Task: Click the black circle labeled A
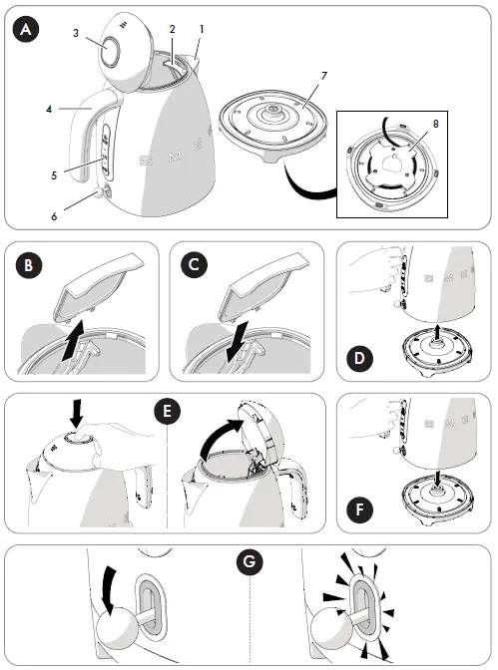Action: [26, 29]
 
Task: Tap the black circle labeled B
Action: [28, 265]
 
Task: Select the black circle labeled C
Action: [194, 265]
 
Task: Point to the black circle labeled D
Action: [359, 358]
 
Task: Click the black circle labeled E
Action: [167, 411]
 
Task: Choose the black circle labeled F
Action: [359, 509]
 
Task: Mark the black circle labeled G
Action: [249, 560]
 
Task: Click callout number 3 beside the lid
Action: [76, 33]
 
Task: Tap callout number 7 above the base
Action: [324, 76]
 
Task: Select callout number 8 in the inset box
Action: [435, 124]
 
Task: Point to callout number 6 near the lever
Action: [54, 216]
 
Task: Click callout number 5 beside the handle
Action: [54, 175]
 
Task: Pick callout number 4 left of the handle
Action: [49, 110]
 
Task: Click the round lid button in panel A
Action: [111, 51]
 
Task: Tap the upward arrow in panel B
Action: [73, 340]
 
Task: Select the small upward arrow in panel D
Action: [436, 332]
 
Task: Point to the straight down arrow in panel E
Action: [76, 413]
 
